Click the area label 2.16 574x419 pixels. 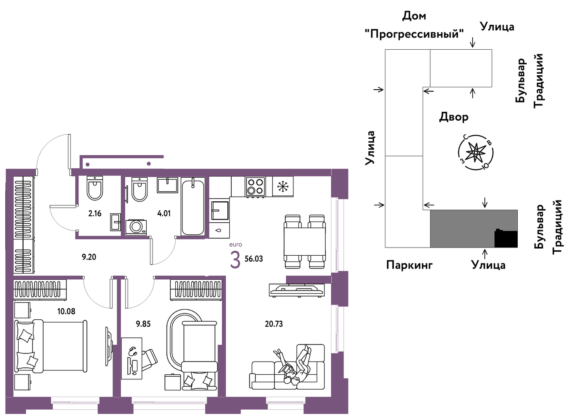point(95,213)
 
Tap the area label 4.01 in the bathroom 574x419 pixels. point(164,213)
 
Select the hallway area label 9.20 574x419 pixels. point(89,257)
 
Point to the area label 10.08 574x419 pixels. point(66,312)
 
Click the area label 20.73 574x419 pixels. point(274,324)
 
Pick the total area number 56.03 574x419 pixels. point(254,259)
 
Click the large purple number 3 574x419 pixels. point(235,260)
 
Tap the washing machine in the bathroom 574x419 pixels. point(136,227)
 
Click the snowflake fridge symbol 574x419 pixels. point(283,187)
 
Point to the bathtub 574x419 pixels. point(193,206)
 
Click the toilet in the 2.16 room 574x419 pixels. point(95,188)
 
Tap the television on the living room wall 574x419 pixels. point(297,290)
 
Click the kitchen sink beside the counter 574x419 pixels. point(220,210)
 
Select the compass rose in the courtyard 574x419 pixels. point(475,152)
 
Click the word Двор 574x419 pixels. point(454,117)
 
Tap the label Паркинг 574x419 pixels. point(409,265)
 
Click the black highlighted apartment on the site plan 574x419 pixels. point(506,239)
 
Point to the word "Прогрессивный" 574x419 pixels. point(414,34)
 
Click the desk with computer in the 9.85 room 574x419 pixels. point(132,358)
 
